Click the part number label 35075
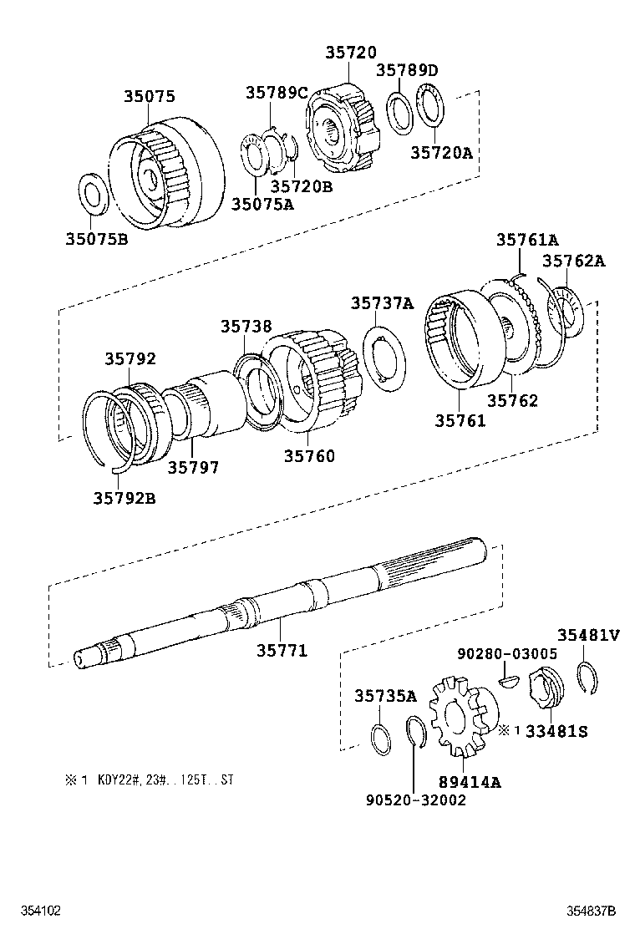tap(150, 96)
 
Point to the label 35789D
tap(407, 69)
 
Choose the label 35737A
tap(382, 303)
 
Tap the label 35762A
tap(574, 261)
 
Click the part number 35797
tap(193, 468)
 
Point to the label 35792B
tap(124, 499)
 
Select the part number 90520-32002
tap(415, 800)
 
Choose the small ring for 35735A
tap(381, 739)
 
